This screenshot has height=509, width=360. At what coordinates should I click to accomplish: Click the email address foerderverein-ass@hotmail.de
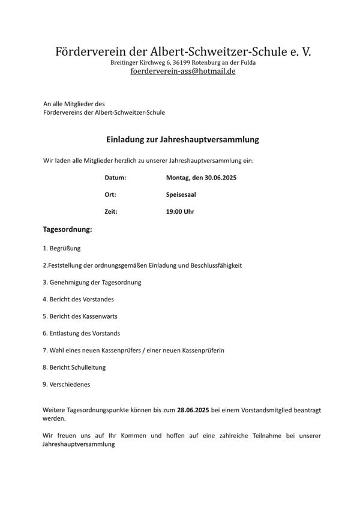184,71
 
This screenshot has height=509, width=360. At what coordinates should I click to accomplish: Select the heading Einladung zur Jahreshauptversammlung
182,139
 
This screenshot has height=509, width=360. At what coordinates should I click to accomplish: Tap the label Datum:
115,178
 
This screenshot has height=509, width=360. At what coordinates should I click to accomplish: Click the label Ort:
110,195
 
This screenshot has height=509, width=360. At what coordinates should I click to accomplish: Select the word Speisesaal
181,195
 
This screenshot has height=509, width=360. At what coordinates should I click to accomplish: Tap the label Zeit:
111,212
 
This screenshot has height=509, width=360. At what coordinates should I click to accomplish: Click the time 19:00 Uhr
180,212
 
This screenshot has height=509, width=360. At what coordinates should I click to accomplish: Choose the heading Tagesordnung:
67,229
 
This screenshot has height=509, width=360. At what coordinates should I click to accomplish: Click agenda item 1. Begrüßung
62,248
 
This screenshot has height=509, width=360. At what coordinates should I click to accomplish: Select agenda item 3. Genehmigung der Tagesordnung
92,282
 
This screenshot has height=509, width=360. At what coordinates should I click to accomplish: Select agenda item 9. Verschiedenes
67,384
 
